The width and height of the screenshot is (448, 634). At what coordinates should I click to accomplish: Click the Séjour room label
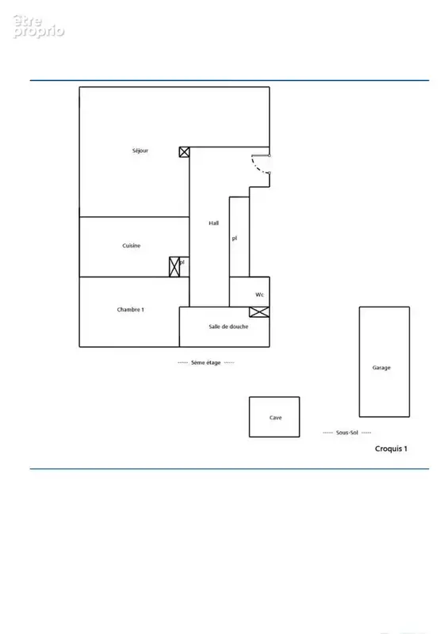tap(140, 151)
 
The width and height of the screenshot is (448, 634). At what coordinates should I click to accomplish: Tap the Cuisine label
tap(131, 246)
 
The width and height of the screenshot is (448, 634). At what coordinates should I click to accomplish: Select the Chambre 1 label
tap(130, 309)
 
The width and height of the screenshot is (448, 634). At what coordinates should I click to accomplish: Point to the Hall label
tap(213, 223)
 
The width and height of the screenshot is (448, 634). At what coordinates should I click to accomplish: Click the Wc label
tap(259, 294)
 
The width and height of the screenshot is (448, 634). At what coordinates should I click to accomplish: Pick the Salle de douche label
tap(228, 327)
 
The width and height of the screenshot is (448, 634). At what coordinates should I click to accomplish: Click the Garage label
tap(381, 368)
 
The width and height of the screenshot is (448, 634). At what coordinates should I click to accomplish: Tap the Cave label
tap(275, 418)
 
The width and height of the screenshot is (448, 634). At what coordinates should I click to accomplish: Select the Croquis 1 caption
tap(391, 449)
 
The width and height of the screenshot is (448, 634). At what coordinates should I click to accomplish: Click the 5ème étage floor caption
tap(205, 363)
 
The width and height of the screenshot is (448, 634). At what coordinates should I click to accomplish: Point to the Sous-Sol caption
tap(347, 432)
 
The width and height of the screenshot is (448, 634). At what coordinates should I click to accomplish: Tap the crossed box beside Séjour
tap(184, 152)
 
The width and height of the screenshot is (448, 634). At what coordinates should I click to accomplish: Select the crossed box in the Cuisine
tap(174, 267)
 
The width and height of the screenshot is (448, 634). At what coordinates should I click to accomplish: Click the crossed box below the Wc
tap(259, 311)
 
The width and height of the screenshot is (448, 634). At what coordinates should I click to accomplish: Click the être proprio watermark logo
tap(38, 27)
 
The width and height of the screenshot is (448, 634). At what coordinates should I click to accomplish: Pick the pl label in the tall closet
tap(235, 239)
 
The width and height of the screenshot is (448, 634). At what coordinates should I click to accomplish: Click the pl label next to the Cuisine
tap(182, 262)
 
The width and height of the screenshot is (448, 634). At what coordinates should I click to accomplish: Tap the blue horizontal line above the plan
tap(229, 81)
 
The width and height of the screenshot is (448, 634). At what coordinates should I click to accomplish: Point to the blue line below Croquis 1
tap(229, 469)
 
